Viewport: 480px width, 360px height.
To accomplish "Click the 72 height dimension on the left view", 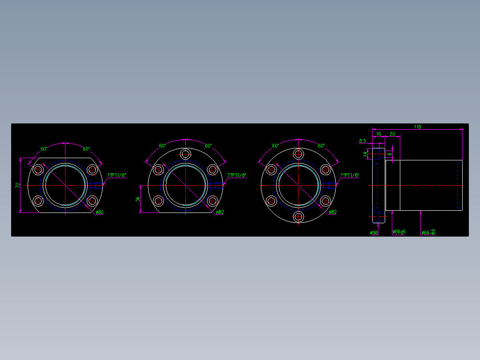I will point(18,185).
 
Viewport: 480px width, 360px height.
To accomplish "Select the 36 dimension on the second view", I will point(138,199).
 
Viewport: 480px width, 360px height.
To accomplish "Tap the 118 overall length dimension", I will point(417,127).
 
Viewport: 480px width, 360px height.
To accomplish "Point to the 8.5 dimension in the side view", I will point(362,141).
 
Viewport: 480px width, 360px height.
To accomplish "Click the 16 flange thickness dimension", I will point(378,134).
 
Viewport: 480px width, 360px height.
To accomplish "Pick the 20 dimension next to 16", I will point(392,134).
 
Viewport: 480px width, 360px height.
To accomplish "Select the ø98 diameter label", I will point(374,233).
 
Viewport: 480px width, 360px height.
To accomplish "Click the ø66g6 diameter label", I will point(399,232).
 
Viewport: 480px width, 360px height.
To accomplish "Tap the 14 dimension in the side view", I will point(365,154).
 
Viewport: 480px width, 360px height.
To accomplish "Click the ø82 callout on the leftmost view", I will point(99,213).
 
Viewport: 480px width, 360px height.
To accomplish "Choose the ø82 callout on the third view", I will point(332,213).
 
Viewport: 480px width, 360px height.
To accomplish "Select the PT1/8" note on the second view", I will point(237,176).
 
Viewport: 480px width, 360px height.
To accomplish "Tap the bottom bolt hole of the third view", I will point(298,217).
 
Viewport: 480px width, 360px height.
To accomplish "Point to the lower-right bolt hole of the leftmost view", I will point(92,201).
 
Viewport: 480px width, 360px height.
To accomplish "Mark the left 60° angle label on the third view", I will point(276,146).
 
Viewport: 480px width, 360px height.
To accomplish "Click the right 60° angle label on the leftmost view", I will point(86,149).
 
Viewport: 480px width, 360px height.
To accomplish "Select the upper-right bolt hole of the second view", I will point(212,169).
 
